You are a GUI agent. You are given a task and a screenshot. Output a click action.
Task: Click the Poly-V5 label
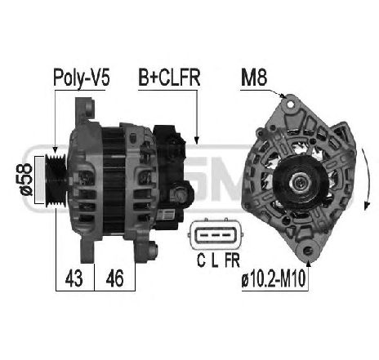[82, 78]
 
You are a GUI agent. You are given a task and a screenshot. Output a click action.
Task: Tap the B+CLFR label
[169, 78]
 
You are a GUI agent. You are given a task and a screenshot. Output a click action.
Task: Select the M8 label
[254, 78]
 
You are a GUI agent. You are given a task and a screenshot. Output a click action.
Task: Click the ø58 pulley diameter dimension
[27, 180]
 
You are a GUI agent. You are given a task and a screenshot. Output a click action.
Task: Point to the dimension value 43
[74, 278]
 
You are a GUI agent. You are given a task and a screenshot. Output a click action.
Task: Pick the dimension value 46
[114, 278]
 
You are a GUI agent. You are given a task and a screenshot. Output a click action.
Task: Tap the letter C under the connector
[201, 260]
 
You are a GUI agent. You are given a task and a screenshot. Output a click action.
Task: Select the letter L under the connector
[215, 260]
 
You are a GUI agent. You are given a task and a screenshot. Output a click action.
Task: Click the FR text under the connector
[232, 260]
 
